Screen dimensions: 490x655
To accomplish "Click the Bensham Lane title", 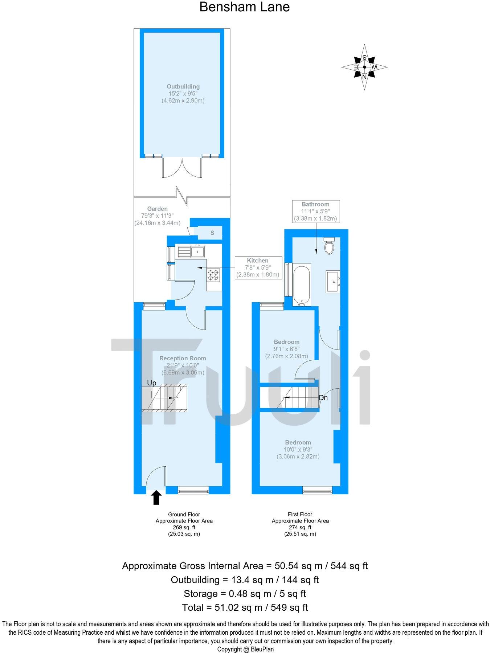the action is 245,7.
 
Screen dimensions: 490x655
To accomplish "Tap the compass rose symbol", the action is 364,67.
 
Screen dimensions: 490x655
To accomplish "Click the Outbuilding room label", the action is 183,86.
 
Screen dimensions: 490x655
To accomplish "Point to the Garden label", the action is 158,209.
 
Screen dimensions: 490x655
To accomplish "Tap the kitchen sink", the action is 192,251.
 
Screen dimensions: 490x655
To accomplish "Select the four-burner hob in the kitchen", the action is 213,275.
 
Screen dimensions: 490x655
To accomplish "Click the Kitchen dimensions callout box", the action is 258,267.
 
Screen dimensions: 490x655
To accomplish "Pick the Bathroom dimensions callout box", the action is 315,211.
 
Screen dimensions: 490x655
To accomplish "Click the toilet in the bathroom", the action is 330,246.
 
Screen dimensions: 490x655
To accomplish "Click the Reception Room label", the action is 183,358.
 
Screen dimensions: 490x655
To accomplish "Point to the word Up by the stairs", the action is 152,383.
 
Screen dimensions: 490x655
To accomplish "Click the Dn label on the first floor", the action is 323,398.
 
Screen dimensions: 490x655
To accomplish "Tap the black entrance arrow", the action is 156,498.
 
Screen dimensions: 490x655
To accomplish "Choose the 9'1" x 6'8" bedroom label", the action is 287,349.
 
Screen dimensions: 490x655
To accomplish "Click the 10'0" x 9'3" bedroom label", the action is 298,449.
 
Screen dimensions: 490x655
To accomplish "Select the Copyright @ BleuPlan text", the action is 245,649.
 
